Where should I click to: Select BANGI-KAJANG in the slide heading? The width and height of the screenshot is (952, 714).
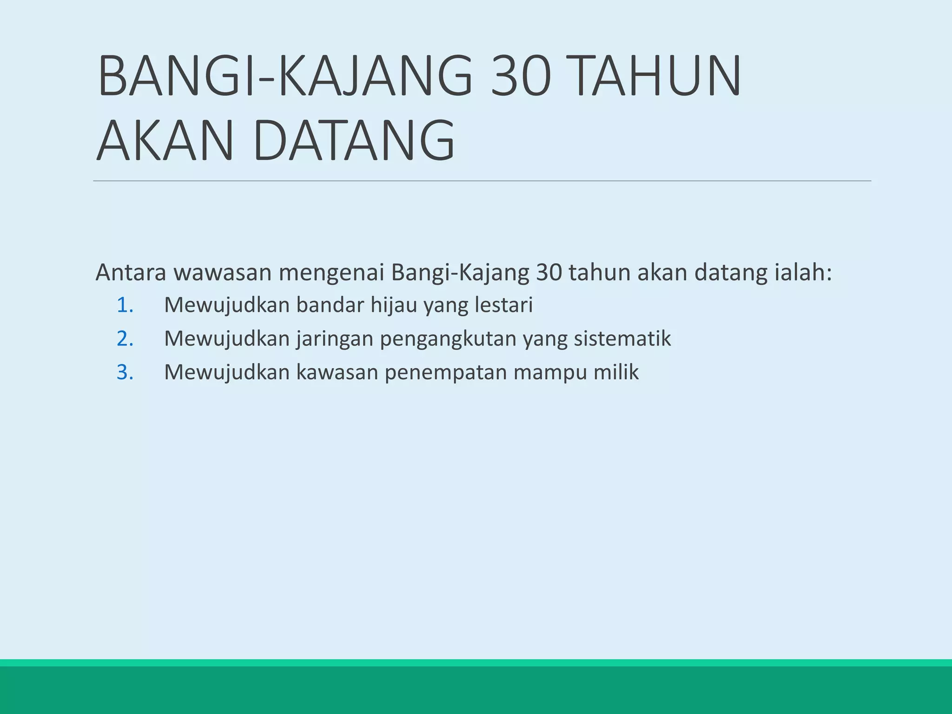click(285, 75)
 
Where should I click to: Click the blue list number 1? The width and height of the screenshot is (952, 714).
click(125, 305)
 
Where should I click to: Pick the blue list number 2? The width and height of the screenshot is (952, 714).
click(125, 339)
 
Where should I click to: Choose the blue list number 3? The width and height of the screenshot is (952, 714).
click(125, 372)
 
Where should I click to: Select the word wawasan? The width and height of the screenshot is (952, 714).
click(223, 272)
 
